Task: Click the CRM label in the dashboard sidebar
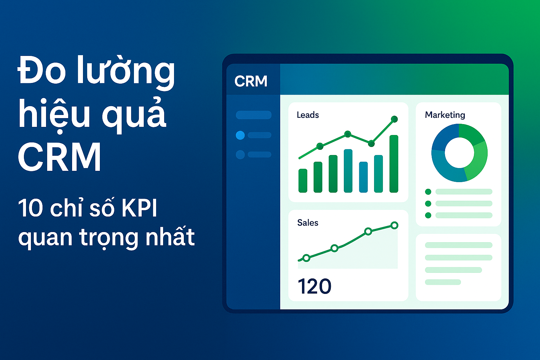(x=251, y=81)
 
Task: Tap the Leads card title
(x=308, y=115)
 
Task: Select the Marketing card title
(x=445, y=115)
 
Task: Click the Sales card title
(x=308, y=223)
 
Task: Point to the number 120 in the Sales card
(x=315, y=286)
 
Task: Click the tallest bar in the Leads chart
(x=394, y=164)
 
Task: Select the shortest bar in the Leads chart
(x=303, y=181)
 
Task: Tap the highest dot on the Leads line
(x=394, y=119)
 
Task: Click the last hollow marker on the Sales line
(x=394, y=225)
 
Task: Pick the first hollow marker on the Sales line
(x=306, y=258)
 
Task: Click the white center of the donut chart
(x=459, y=153)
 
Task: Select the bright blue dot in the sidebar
(x=240, y=135)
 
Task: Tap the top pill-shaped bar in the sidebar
(x=253, y=115)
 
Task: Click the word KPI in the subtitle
(x=139, y=208)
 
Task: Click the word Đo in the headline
(x=42, y=70)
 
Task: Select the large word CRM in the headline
(x=59, y=156)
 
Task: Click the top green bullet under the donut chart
(x=428, y=192)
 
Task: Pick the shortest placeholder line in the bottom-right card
(x=443, y=282)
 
